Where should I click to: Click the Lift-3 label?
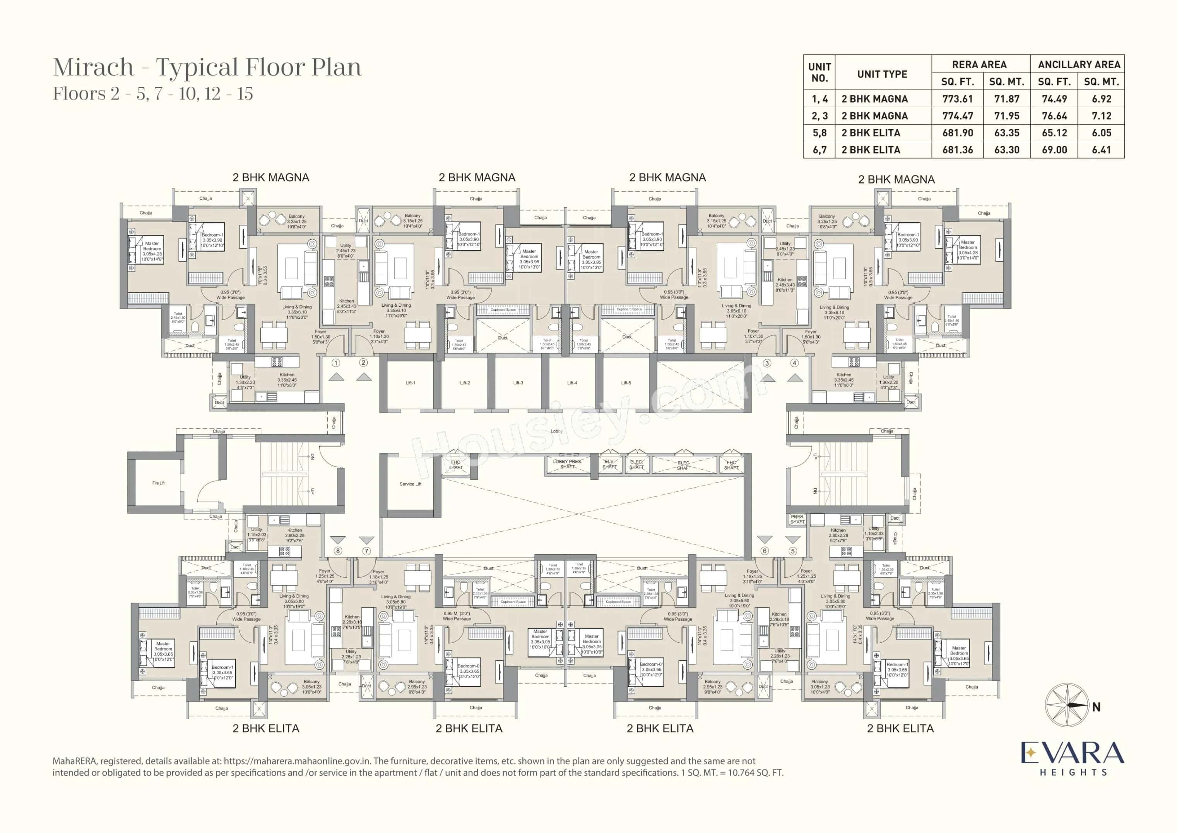[x=518, y=383]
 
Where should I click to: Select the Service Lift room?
[x=411, y=484]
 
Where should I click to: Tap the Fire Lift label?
[x=158, y=483]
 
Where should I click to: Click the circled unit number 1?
[x=336, y=362]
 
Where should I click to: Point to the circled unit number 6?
[x=764, y=551]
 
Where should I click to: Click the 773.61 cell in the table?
[x=957, y=98]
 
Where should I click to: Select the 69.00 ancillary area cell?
[x=1054, y=150]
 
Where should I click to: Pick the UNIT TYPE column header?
[x=882, y=74]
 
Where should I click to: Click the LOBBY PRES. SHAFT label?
[x=567, y=464]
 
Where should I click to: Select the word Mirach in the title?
[x=93, y=67]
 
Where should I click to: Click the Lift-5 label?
[x=626, y=383]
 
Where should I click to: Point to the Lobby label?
[x=556, y=431]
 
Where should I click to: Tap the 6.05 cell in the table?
[x=1101, y=133]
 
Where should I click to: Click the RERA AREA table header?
[x=979, y=65]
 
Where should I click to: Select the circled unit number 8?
[x=337, y=551]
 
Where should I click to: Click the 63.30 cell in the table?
[x=1006, y=150]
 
